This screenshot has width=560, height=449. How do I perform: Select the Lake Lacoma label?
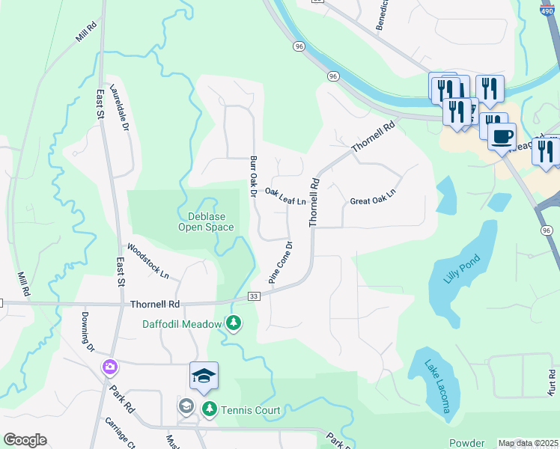coord(437,386)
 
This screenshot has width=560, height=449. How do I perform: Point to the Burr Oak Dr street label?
coord(254,177)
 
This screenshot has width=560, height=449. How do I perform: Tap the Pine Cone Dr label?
coord(281,262)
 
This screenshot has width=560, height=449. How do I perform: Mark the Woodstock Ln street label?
coord(147,260)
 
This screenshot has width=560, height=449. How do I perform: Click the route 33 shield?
coord(255,297)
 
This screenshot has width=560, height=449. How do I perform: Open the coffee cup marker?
coord(502,136)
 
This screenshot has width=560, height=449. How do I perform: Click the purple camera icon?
coord(110,367)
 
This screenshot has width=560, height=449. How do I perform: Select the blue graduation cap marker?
coord(204,376)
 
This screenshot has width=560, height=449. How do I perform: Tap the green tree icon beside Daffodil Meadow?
coord(234,323)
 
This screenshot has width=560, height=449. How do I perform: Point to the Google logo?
coord(25,440)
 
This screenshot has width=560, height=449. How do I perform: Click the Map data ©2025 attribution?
coord(527,443)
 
